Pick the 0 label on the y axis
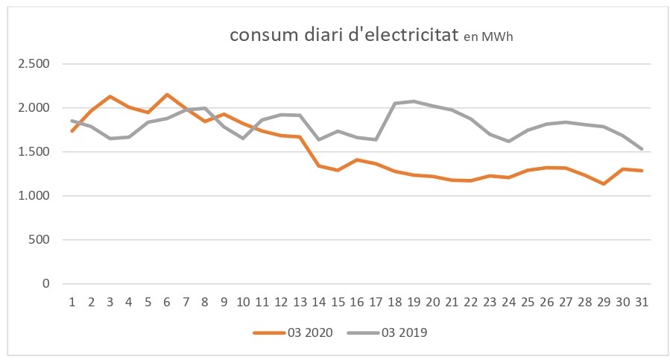coord(46,284)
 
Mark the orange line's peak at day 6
coord(167,95)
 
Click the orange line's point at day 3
coord(110,96)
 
